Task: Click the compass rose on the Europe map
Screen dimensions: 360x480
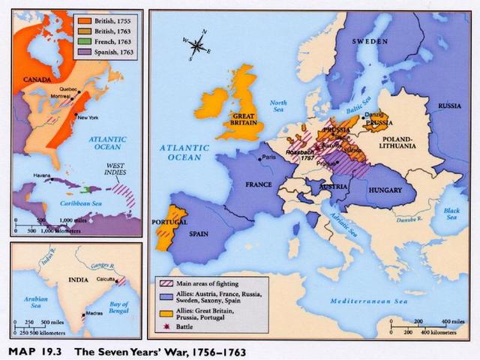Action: [x=198, y=46]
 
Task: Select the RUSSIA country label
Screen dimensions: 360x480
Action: [x=451, y=106]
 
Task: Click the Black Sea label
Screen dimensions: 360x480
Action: [x=453, y=214]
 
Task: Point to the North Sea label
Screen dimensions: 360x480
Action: [x=277, y=106]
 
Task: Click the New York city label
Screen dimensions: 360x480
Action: [x=88, y=118]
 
